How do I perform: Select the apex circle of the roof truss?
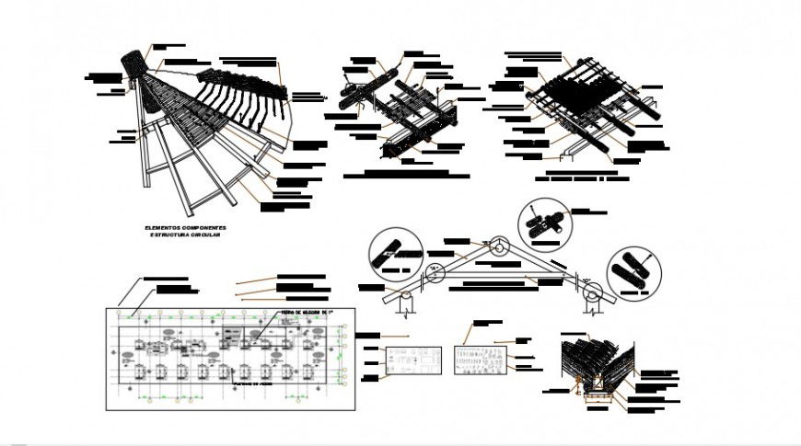(498, 246)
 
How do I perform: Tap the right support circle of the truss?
(592, 294)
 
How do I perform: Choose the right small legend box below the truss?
(481, 360)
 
